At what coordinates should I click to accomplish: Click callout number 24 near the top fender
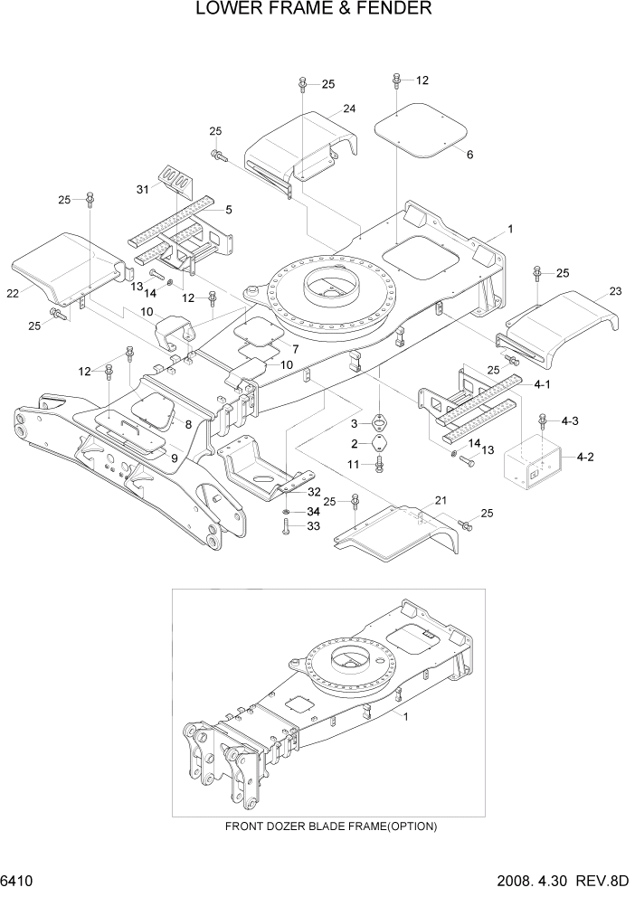click(348, 109)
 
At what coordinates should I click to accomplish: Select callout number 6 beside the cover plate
click(469, 155)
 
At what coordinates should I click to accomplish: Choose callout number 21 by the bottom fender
click(441, 500)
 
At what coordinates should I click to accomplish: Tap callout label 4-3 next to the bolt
click(571, 420)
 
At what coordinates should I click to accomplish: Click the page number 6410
click(16, 880)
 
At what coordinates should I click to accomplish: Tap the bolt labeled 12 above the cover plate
click(397, 80)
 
